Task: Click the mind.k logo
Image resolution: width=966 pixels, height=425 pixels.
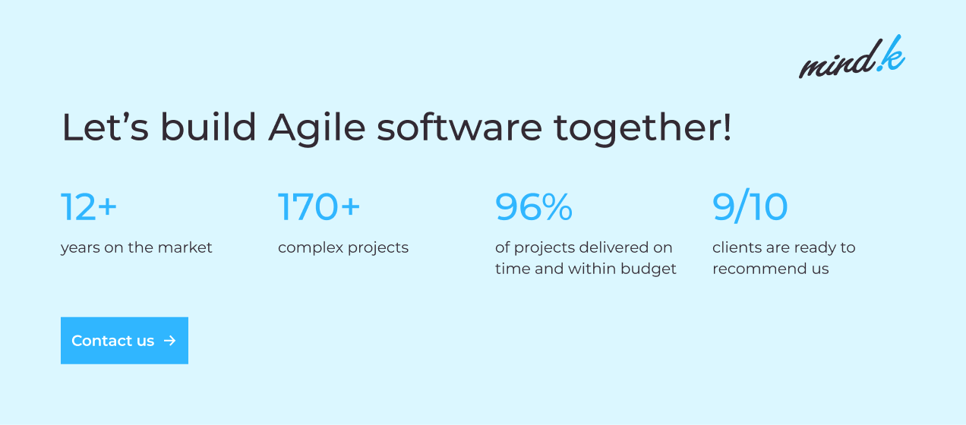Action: point(852,57)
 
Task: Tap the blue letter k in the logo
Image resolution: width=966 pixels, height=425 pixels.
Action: point(892,54)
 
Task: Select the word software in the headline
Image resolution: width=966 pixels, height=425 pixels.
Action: point(459,127)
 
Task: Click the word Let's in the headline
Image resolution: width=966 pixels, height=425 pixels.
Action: point(106,127)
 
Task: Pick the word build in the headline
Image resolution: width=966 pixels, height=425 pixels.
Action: point(209,127)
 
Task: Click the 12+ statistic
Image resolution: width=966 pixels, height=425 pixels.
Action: point(89,207)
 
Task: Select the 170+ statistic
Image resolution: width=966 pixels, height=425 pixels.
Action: point(319,207)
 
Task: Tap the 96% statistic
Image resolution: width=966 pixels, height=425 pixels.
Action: point(534,207)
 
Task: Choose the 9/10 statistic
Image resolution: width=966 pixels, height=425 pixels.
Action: point(750,206)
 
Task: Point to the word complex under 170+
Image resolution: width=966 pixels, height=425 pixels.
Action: point(311,248)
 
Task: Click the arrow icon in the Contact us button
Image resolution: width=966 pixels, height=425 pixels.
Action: point(170,341)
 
